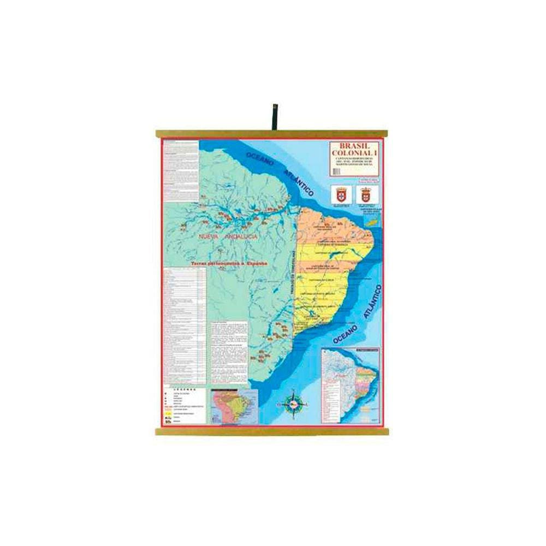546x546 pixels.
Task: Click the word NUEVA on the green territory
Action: (210, 236)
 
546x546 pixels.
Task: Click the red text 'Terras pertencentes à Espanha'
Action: (229, 263)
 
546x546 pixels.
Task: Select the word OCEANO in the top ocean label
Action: (263, 159)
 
